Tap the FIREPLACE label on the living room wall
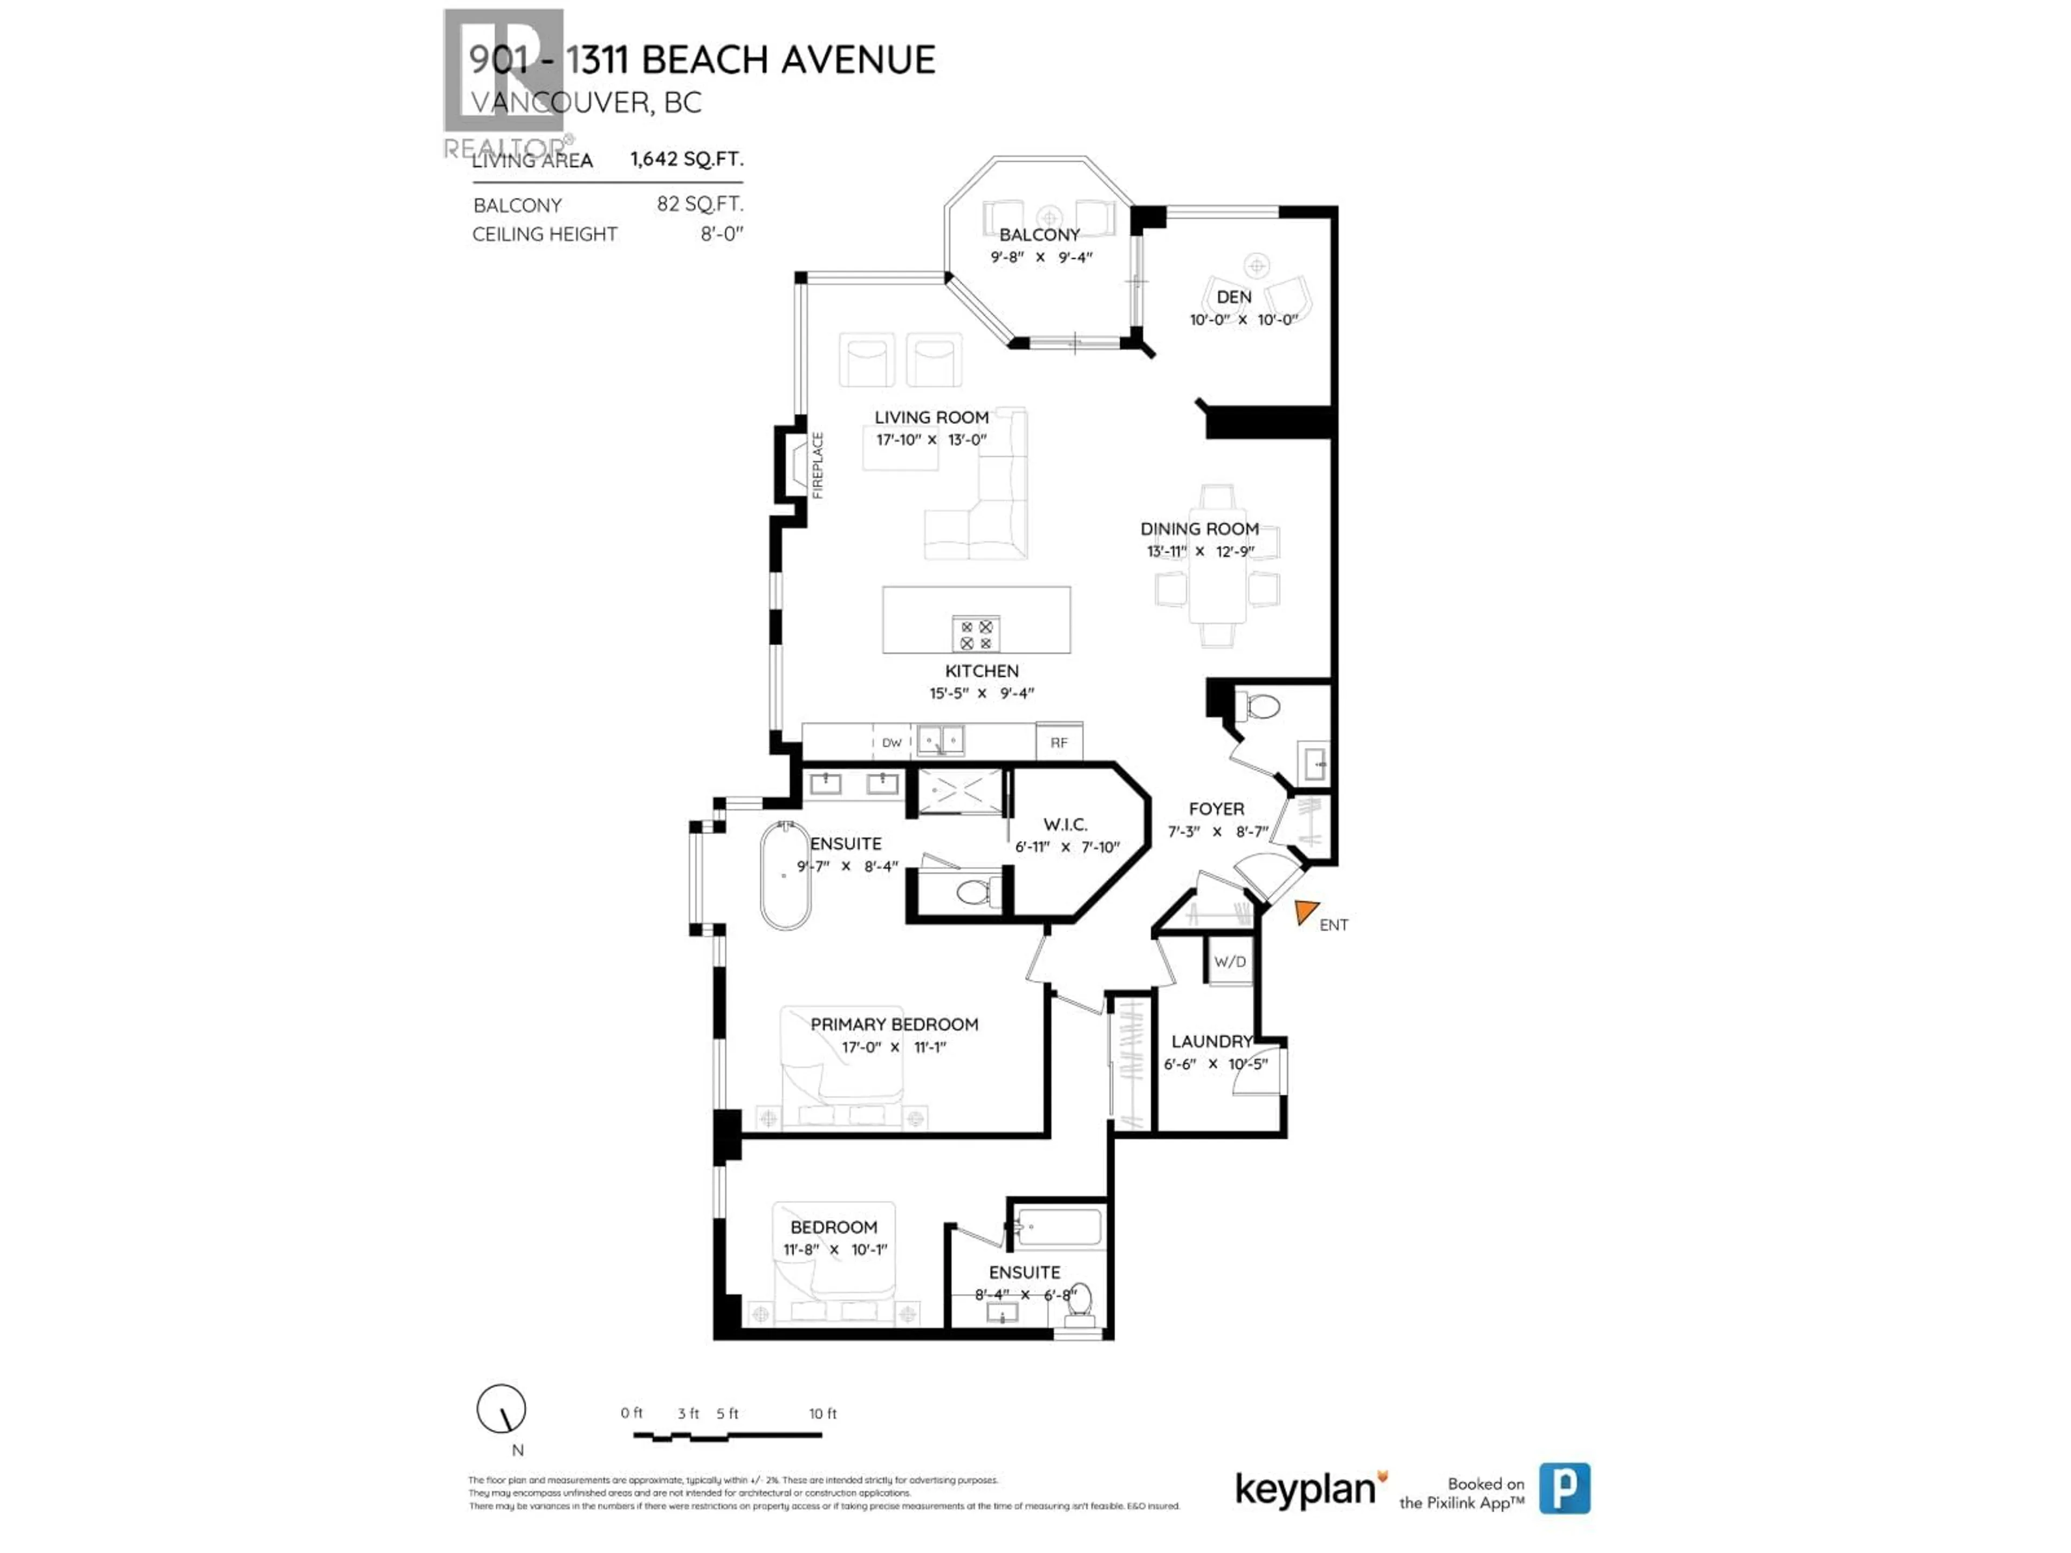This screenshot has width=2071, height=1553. tap(818, 465)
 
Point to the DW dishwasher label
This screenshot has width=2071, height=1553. tap(892, 743)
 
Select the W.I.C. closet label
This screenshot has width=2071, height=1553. tap(1066, 824)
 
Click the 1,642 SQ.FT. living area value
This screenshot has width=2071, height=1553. tap(685, 159)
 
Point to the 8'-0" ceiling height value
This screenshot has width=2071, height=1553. tap(721, 234)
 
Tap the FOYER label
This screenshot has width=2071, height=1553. tap(1216, 809)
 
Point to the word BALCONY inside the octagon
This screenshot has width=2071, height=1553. tap(1039, 235)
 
